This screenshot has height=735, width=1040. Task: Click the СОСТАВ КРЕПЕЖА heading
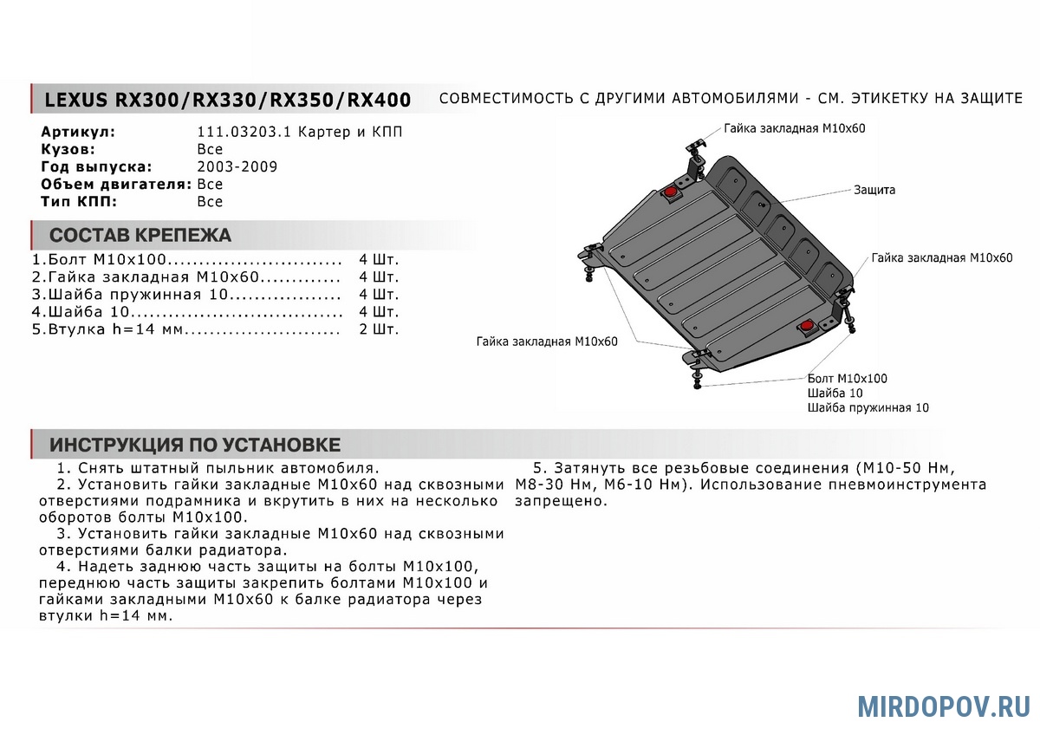pyautogui.click(x=140, y=236)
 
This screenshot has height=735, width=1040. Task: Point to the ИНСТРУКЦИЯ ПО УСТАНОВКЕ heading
pyautogui.click(x=195, y=446)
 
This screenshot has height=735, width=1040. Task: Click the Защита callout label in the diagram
pyautogui.click(x=874, y=190)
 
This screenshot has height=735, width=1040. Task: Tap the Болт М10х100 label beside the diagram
pyautogui.click(x=847, y=379)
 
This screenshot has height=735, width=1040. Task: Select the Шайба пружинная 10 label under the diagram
pyautogui.click(x=868, y=407)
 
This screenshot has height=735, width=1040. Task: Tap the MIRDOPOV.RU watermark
pyautogui.click(x=944, y=706)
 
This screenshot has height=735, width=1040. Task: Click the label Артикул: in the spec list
pyautogui.click(x=78, y=133)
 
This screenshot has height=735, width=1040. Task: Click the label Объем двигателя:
pyautogui.click(x=116, y=184)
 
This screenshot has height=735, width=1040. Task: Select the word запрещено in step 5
pyautogui.click(x=561, y=501)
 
